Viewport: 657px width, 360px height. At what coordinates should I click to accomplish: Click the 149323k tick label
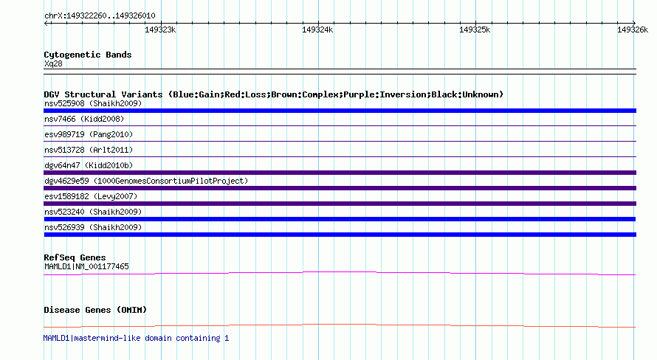pyautogui.click(x=160, y=30)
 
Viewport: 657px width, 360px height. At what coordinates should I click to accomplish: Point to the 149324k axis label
pyautogui.click(x=317, y=30)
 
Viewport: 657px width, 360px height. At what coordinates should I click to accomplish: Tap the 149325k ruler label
pyautogui.click(x=475, y=30)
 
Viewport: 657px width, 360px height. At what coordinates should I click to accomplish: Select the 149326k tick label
pyautogui.click(x=633, y=30)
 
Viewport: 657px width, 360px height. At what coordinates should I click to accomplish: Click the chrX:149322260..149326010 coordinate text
pyautogui.click(x=100, y=15)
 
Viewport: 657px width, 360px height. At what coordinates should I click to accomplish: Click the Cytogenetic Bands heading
pyautogui.click(x=88, y=55)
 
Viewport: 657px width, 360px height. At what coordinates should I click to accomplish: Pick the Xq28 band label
pyautogui.click(x=53, y=63)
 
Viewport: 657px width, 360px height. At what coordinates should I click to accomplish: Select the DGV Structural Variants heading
pyautogui.click(x=274, y=94)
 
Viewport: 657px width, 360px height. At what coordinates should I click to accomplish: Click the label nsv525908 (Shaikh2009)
pyautogui.click(x=93, y=103)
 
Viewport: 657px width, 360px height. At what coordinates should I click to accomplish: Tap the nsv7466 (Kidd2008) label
pyautogui.click(x=84, y=119)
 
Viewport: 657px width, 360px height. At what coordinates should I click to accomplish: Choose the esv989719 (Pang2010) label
pyautogui.click(x=89, y=134)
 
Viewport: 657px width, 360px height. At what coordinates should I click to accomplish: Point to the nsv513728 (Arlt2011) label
pyautogui.click(x=89, y=150)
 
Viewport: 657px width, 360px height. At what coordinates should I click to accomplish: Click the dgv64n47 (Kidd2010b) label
pyautogui.click(x=89, y=165)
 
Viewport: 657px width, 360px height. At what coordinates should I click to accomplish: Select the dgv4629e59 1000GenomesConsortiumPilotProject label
pyautogui.click(x=146, y=181)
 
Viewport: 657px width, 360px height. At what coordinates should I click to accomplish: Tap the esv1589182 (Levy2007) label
pyautogui.click(x=91, y=196)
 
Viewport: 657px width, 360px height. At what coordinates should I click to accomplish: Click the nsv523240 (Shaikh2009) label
pyautogui.click(x=93, y=212)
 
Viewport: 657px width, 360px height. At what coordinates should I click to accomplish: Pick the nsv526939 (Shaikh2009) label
pyautogui.click(x=93, y=227)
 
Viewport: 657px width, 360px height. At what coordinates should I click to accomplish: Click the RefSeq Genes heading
pyautogui.click(x=75, y=257)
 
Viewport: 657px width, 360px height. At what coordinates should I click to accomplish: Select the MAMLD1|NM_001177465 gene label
pyautogui.click(x=86, y=266)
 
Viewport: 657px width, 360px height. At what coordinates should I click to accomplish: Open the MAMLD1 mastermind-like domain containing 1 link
pyautogui.click(x=136, y=338)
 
